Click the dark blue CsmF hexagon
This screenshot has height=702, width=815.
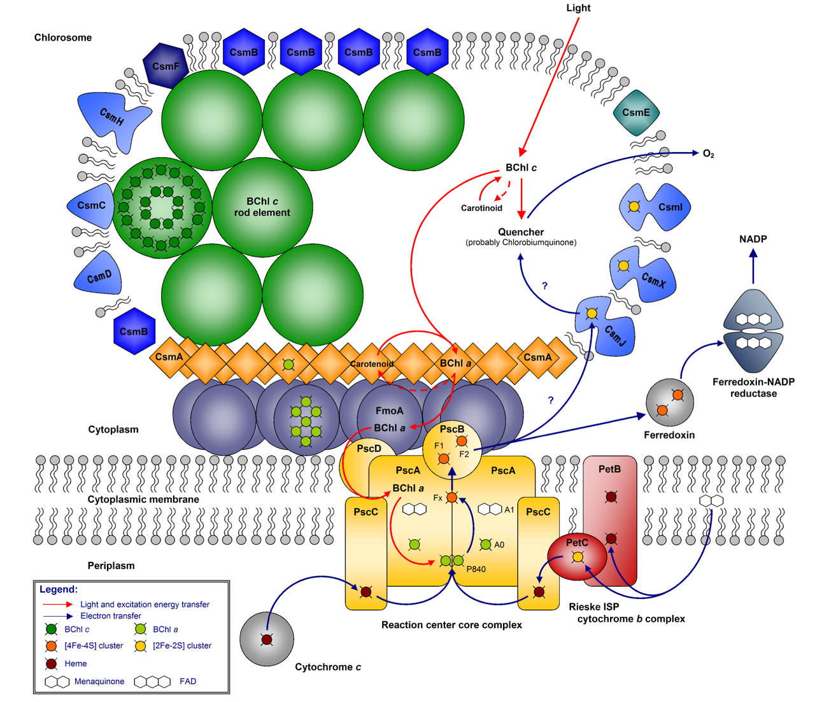166,66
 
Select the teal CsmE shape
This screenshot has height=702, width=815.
636,113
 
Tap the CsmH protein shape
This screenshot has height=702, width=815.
113,118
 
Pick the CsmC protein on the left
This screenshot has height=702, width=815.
91,205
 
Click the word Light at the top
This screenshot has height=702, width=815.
578,8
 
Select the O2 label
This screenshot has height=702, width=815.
708,154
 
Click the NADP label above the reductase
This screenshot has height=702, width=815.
753,239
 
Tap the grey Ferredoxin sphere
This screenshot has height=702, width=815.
669,402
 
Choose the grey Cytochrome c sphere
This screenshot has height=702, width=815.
267,639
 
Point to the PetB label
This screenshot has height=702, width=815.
609,469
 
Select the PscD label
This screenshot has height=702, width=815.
369,449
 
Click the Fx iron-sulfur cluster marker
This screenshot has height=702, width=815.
451,498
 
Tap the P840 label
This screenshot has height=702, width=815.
476,569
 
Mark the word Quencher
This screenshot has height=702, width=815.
521,232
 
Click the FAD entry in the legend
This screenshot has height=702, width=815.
188,682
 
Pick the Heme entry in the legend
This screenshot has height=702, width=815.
75,664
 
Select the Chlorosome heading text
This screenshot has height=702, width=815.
63,38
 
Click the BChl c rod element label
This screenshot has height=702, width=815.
262,207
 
